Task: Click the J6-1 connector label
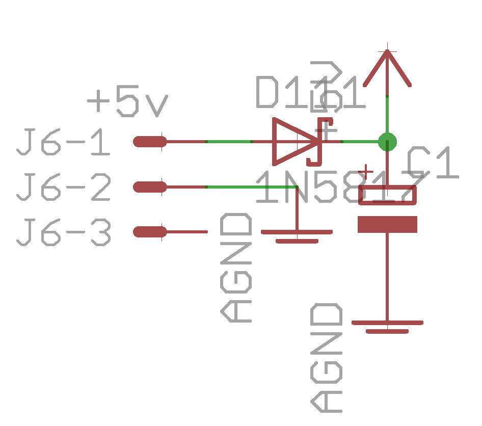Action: pos(64,143)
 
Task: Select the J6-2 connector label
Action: pos(64,188)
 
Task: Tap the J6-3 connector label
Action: pos(64,232)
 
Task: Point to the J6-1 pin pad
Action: pos(150,142)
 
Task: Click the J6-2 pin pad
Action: pos(150,187)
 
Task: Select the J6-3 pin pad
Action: pos(150,232)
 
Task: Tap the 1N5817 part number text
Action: pos(339,187)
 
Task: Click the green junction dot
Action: pos(387,142)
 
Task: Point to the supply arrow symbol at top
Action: pos(387,69)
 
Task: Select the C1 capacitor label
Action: pos(433,163)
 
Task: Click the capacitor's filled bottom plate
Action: pos(387,224)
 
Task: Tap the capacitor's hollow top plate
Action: pos(387,195)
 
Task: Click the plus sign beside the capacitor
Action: pos(365,172)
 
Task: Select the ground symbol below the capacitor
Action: pos(387,326)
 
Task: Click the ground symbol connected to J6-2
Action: pos(297,235)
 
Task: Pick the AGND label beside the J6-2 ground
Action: pos(236,268)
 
